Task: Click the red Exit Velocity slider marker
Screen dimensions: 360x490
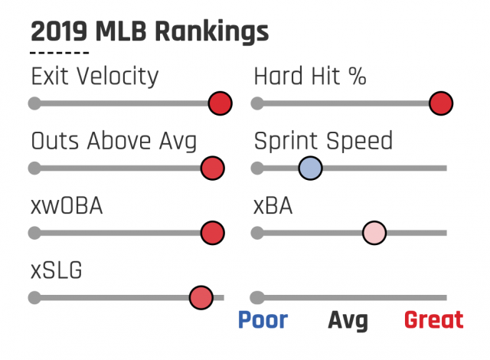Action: [220, 103]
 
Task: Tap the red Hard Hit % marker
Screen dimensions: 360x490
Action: [441, 103]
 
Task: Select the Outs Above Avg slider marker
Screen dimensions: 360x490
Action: [212, 168]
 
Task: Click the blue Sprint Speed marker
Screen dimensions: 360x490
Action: [310, 168]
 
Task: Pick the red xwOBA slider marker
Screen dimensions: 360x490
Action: [212, 232]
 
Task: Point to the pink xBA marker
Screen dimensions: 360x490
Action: [374, 232]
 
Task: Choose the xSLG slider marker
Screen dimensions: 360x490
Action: [201, 296]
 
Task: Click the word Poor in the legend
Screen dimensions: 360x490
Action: [263, 319]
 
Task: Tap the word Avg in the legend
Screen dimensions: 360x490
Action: [348, 320]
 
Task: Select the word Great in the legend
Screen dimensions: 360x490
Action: [433, 319]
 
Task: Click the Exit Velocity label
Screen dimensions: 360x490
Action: [94, 77]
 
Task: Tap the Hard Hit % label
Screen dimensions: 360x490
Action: [310, 77]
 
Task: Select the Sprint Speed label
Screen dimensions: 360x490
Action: [322, 142]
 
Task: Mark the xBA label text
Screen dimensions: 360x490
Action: [273, 206]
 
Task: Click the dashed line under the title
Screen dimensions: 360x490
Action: [59, 54]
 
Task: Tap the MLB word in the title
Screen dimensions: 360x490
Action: [120, 32]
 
